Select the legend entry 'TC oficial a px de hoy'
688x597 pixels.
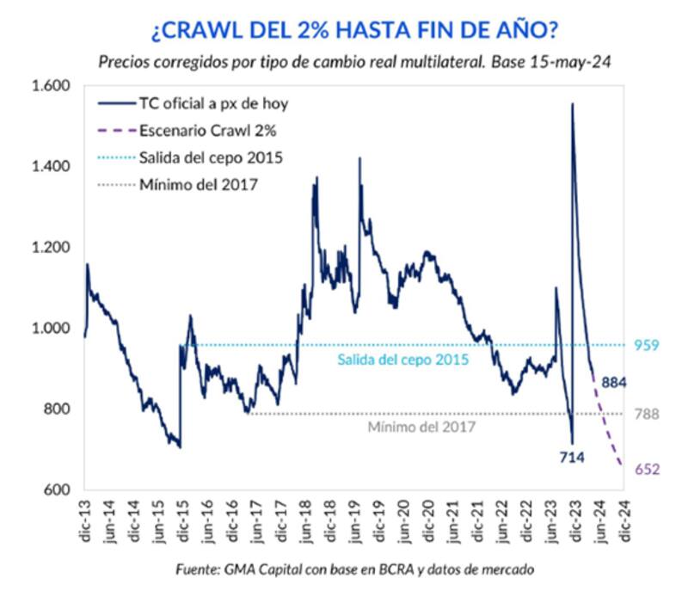(212, 104)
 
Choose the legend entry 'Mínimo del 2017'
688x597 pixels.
(199, 184)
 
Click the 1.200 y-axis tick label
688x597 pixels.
(50, 248)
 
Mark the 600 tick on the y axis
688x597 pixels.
(57, 490)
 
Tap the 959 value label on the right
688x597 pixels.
(647, 346)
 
